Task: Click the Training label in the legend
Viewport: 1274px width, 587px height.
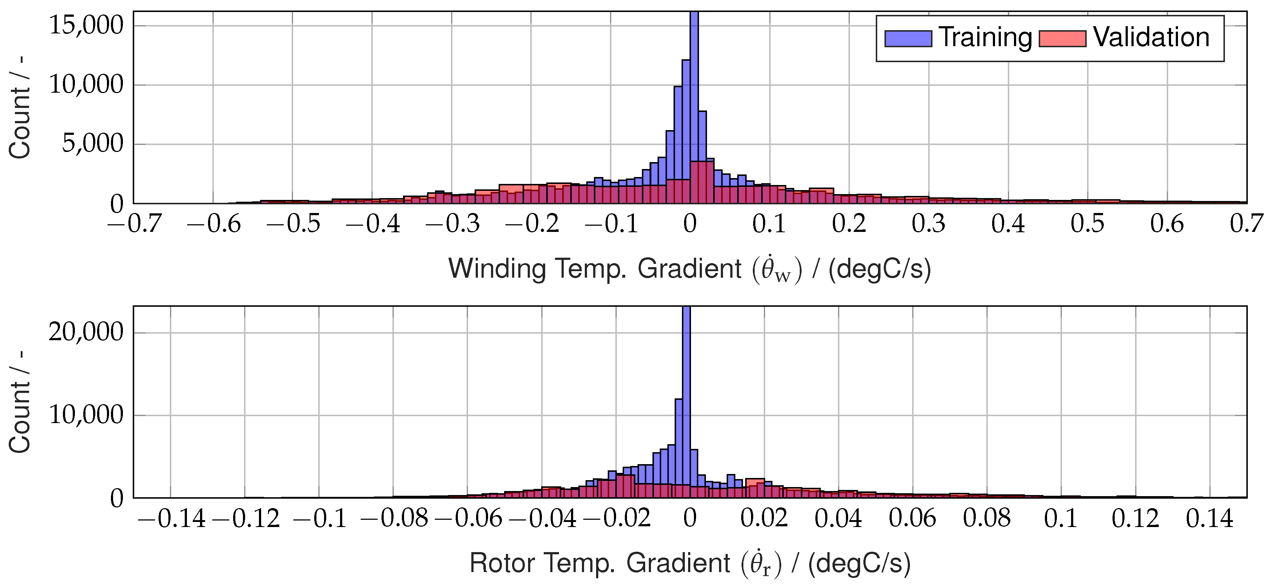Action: (985, 37)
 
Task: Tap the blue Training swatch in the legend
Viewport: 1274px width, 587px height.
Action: (908, 39)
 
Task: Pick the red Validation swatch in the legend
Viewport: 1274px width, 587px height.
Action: (1062, 39)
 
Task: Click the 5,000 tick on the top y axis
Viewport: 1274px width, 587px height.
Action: (92, 144)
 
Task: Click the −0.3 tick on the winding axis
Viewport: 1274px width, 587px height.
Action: (452, 224)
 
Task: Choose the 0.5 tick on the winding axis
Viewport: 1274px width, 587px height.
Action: (1087, 224)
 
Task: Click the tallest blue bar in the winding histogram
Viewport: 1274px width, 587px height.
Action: (694, 99)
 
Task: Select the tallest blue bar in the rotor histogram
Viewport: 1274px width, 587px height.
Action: (686, 395)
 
